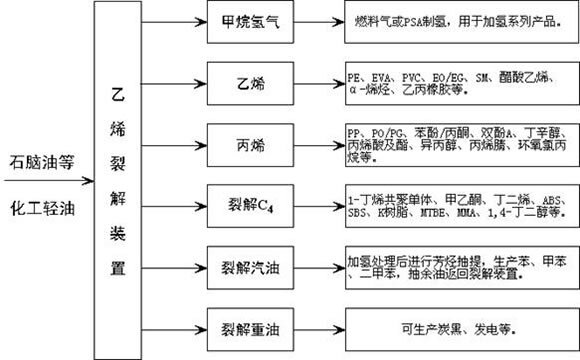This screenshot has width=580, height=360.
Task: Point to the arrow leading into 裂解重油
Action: [171, 327]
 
